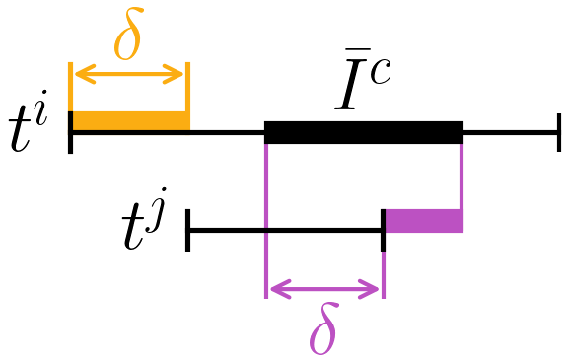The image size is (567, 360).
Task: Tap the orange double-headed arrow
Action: coord(128,74)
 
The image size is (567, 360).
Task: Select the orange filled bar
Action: coord(129,120)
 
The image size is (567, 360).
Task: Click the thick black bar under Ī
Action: coord(364,131)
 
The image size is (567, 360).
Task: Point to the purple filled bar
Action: coord(423,220)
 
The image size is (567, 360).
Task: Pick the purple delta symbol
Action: coord(322,332)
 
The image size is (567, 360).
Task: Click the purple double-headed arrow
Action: coord(324,289)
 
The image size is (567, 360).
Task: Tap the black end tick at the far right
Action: coord(559,132)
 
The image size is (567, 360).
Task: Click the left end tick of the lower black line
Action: coord(187,231)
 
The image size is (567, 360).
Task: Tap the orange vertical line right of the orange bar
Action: coord(187,94)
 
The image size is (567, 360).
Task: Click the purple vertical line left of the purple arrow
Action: coord(266,247)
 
